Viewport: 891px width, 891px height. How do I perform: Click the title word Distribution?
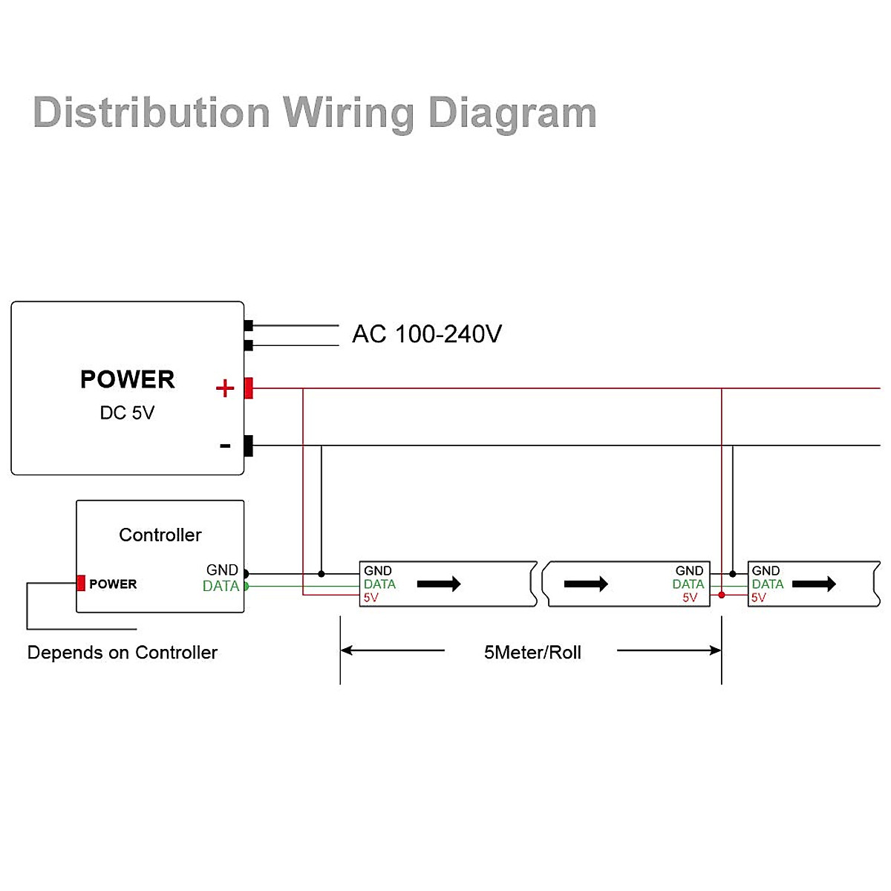[x=151, y=113]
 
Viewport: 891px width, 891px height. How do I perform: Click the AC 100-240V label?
[x=427, y=334]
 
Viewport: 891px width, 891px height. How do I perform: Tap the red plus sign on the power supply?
[x=224, y=388]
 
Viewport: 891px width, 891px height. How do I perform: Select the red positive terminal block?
[x=249, y=388]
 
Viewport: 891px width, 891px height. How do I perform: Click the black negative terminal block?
[x=249, y=446]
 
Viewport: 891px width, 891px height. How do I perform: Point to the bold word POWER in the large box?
[x=127, y=379]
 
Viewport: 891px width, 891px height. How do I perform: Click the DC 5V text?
[x=127, y=413]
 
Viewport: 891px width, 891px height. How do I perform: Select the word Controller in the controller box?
[x=160, y=535]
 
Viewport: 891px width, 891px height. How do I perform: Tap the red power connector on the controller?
[x=81, y=584]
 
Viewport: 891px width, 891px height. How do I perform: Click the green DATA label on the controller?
[x=221, y=586]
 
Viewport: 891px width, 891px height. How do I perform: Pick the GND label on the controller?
[x=222, y=569]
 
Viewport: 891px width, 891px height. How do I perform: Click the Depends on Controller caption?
[x=123, y=653]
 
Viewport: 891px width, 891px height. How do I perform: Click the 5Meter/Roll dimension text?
[x=532, y=653]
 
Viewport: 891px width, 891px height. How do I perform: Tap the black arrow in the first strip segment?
[x=439, y=584]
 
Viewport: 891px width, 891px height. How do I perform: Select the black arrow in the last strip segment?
[x=814, y=584]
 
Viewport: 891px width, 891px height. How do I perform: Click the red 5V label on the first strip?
[x=371, y=598]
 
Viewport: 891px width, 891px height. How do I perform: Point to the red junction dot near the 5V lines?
[x=722, y=595]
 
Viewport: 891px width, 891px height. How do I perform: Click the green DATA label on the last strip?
[x=768, y=584]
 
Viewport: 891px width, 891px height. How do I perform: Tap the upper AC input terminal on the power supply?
[x=249, y=325]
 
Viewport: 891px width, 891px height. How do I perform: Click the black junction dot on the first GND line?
[x=321, y=574]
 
